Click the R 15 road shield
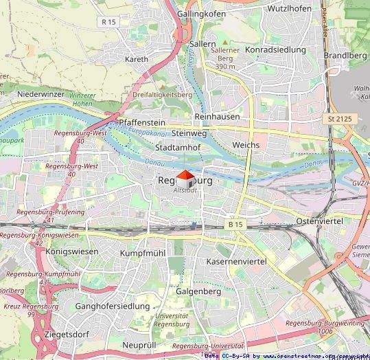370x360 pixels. (x=107, y=22)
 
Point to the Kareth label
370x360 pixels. (x=137, y=59)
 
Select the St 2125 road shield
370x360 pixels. (x=340, y=119)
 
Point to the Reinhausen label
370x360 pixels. (x=217, y=117)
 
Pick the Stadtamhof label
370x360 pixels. (x=178, y=147)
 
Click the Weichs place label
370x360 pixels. (x=246, y=146)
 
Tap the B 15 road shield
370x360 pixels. (x=235, y=225)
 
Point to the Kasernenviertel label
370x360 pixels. (x=236, y=262)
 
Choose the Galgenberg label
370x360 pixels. (x=198, y=291)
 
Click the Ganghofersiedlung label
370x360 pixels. (x=112, y=306)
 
